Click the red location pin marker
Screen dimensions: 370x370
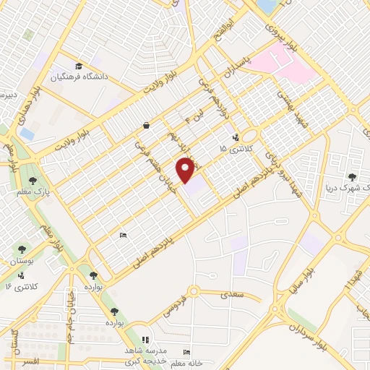tap(186, 171)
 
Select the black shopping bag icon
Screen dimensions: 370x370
tap(146, 125)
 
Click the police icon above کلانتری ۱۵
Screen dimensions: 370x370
tap(236, 137)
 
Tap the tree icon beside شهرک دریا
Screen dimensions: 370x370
tap(353, 176)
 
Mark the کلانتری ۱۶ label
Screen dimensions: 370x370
tap(19, 287)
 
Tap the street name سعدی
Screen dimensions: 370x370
tap(232, 295)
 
